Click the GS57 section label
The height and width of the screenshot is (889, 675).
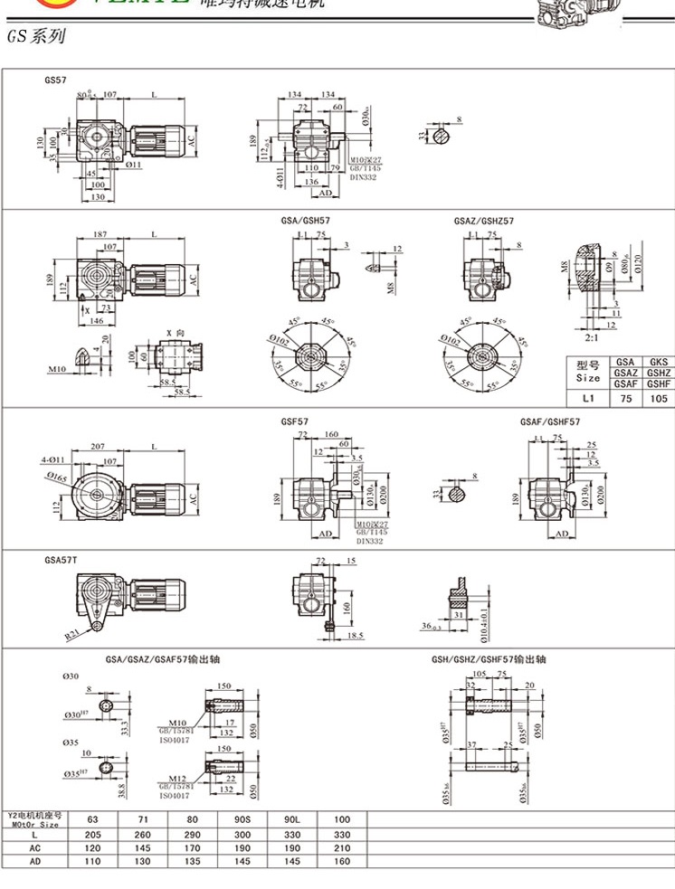click(55, 80)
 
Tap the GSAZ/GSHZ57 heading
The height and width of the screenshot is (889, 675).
click(483, 221)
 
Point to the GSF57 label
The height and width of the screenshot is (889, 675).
click(295, 421)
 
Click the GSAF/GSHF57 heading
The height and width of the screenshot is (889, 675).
click(550, 421)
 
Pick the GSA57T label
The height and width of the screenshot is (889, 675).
click(61, 561)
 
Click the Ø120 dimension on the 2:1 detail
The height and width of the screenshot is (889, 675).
click(642, 264)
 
